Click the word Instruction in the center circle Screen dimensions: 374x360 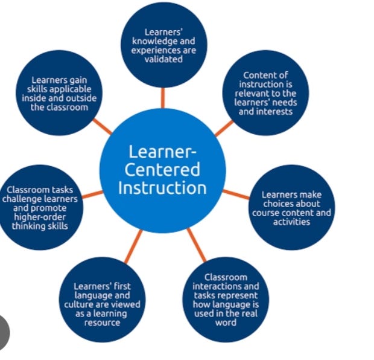[x=162, y=187]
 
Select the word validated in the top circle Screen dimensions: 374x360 [x=163, y=59]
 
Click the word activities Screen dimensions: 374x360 [x=291, y=222]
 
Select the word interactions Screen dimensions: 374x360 [x=226, y=286]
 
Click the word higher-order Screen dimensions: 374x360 [x=40, y=217]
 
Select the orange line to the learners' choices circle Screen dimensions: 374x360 [x=236, y=194]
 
